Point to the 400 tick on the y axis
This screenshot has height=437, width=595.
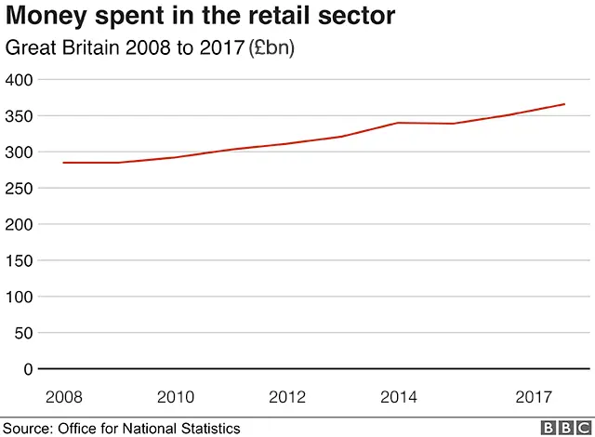pyautogui.click(x=20, y=80)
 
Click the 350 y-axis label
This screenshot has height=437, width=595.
pyautogui.click(x=20, y=116)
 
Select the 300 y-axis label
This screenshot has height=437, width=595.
pyautogui.click(x=20, y=152)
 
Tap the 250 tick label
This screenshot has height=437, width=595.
pyautogui.click(x=20, y=189)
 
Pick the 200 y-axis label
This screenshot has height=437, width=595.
pyautogui.click(x=20, y=225)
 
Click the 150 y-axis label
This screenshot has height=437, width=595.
pyautogui.click(x=20, y=261)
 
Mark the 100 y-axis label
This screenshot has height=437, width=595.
pyautogui.click(x=20, y=298)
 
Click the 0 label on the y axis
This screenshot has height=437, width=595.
pyautogui.click(x=29, y=370)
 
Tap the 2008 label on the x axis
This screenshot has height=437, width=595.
pyautogui.click(x=64, y=397)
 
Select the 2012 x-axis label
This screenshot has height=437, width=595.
pyautogui.click(x=287, y=397)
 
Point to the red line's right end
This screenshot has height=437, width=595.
pyautogui.click(x=564, y=104)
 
